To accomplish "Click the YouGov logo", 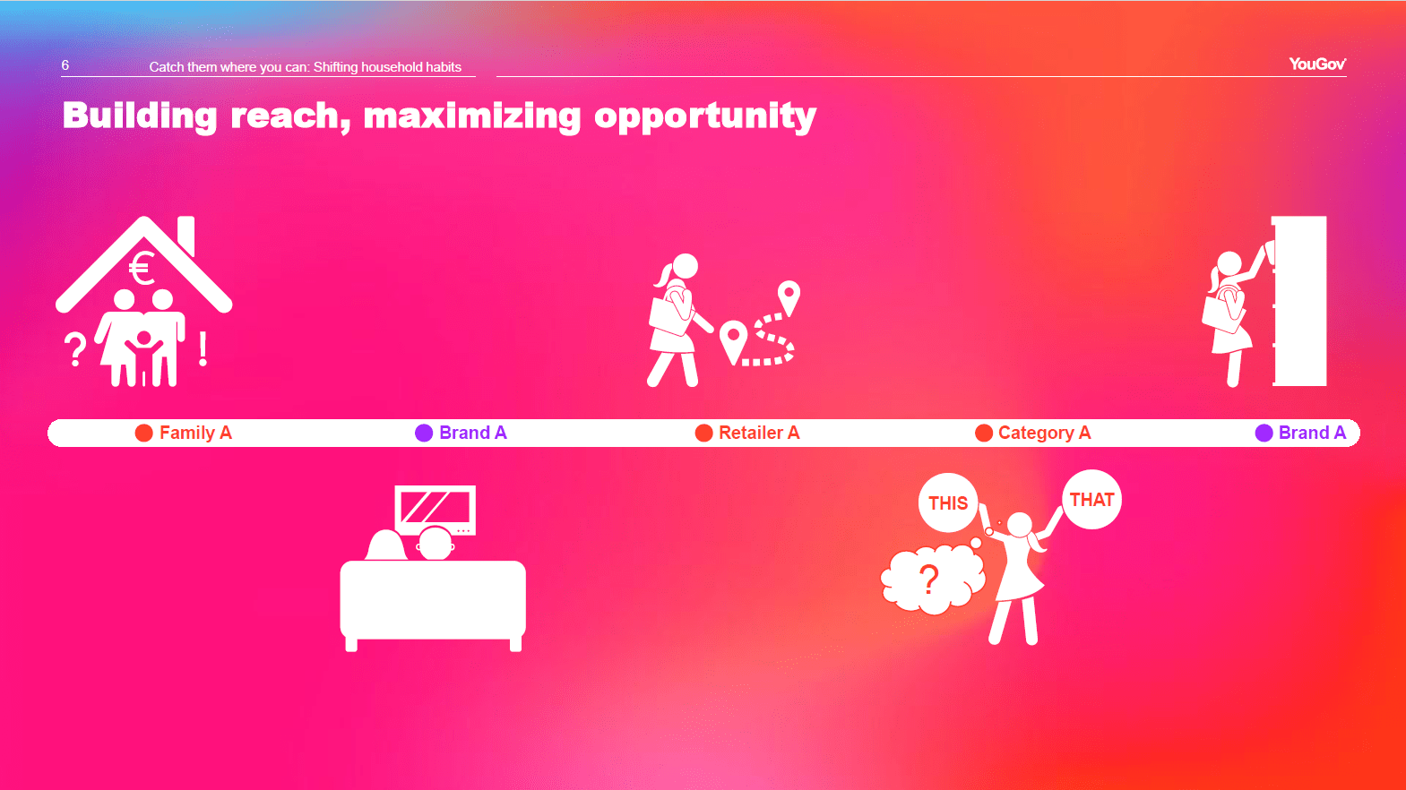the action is tap(1317, 64).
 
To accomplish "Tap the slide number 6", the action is tap(65, 65).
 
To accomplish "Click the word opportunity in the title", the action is tap(705, 116).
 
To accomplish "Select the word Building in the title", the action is tap(139, 116).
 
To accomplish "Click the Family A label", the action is tap(195, 433).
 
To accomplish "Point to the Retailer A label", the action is tap(759, 433).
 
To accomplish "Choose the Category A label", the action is tap(1045, 433).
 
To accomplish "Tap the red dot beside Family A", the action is tap(143, 433).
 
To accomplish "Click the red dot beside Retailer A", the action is tap(703, 433).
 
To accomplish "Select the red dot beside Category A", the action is tap(984, 433).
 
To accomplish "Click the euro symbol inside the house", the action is tap(142, 269).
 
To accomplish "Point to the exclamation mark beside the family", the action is tap(203, 349).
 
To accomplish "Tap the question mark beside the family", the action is tap(75, 350).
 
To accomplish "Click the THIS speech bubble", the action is tap(948, 502).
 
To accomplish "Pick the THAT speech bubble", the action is tap(1092, 500).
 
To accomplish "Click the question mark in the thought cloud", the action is tap(929, 580).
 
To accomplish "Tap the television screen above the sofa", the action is tap(435, 509).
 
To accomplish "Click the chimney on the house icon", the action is tap(186, 235).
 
